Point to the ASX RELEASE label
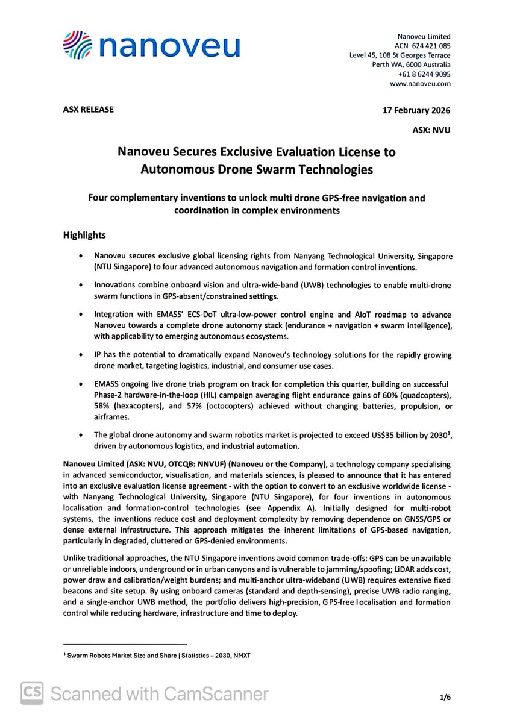pos(88,110)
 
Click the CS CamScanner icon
pos(33,693)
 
